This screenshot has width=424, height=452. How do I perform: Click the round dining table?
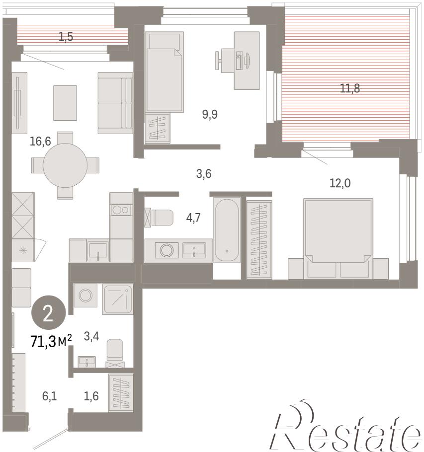click(x=65, y=165)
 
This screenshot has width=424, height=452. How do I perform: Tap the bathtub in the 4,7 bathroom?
click(x=227, y=230)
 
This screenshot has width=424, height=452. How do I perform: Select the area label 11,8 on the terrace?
click(x=350, y=88)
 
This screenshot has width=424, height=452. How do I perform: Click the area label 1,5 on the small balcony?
click(x=66, y=37)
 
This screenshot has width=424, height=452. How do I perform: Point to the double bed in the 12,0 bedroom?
click(x=338, y=239)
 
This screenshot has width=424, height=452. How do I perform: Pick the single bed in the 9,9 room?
click(x=164, y=72)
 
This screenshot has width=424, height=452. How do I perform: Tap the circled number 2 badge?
click(x=48, y=312)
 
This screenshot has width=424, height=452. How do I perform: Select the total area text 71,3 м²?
click(x=51, y=342)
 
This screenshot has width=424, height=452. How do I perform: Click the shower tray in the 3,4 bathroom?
click(x=118, y=299)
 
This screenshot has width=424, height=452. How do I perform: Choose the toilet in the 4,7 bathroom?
click(x=159, y=218)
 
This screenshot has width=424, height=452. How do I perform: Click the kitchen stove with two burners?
click(x=121, y=210)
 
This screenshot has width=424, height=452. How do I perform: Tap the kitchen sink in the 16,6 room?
click(x=98, y=250)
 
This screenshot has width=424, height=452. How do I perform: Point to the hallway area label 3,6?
click(x=204, y=174)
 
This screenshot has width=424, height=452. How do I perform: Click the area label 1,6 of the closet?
click(x=91, y=396)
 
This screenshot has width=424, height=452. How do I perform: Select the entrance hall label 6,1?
click(x=49, y=396)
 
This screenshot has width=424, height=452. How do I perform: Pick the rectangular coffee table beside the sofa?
click(x=65, y=103)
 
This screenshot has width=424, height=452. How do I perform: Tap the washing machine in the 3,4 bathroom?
click(x=85, y=295)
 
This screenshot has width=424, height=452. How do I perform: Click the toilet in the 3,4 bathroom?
click(x=115, y=353)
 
